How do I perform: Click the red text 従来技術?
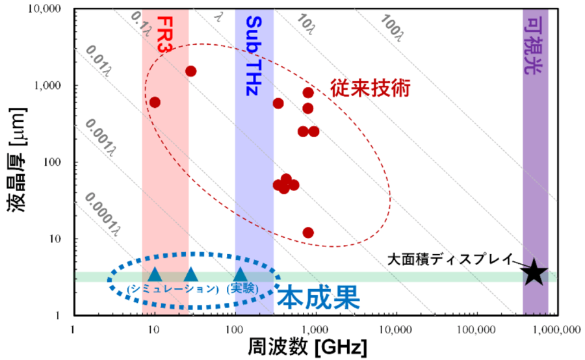[x=370, y=88]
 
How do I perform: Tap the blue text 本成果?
[x=318, y=298]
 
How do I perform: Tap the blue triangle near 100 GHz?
[x=240, y=274]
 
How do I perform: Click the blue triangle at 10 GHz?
[x=155, y=274]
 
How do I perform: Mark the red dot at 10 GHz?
[x=155, y=102]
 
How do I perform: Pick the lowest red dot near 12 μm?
[x=308, y=232]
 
